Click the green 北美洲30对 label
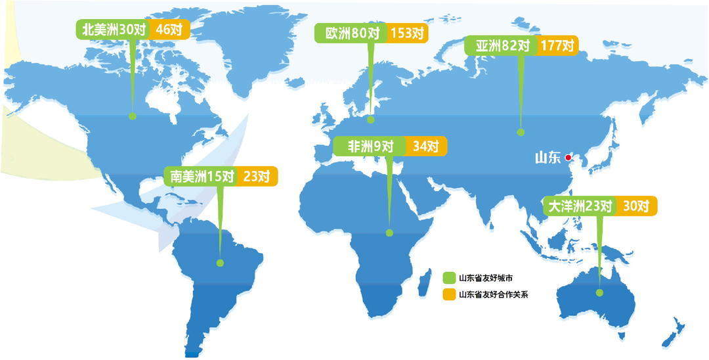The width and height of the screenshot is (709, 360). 112,30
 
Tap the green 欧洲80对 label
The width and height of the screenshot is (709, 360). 350,34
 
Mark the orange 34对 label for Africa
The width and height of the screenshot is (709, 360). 426,146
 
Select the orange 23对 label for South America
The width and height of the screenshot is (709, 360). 256,176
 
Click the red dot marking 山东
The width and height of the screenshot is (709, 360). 569,157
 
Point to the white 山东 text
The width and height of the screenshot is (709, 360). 548,157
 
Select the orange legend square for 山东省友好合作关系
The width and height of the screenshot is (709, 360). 449,294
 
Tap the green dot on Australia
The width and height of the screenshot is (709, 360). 599,293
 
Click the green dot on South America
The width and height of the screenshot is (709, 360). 221,263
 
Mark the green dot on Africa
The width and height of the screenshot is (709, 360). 389,233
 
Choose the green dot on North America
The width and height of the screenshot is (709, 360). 132,116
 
